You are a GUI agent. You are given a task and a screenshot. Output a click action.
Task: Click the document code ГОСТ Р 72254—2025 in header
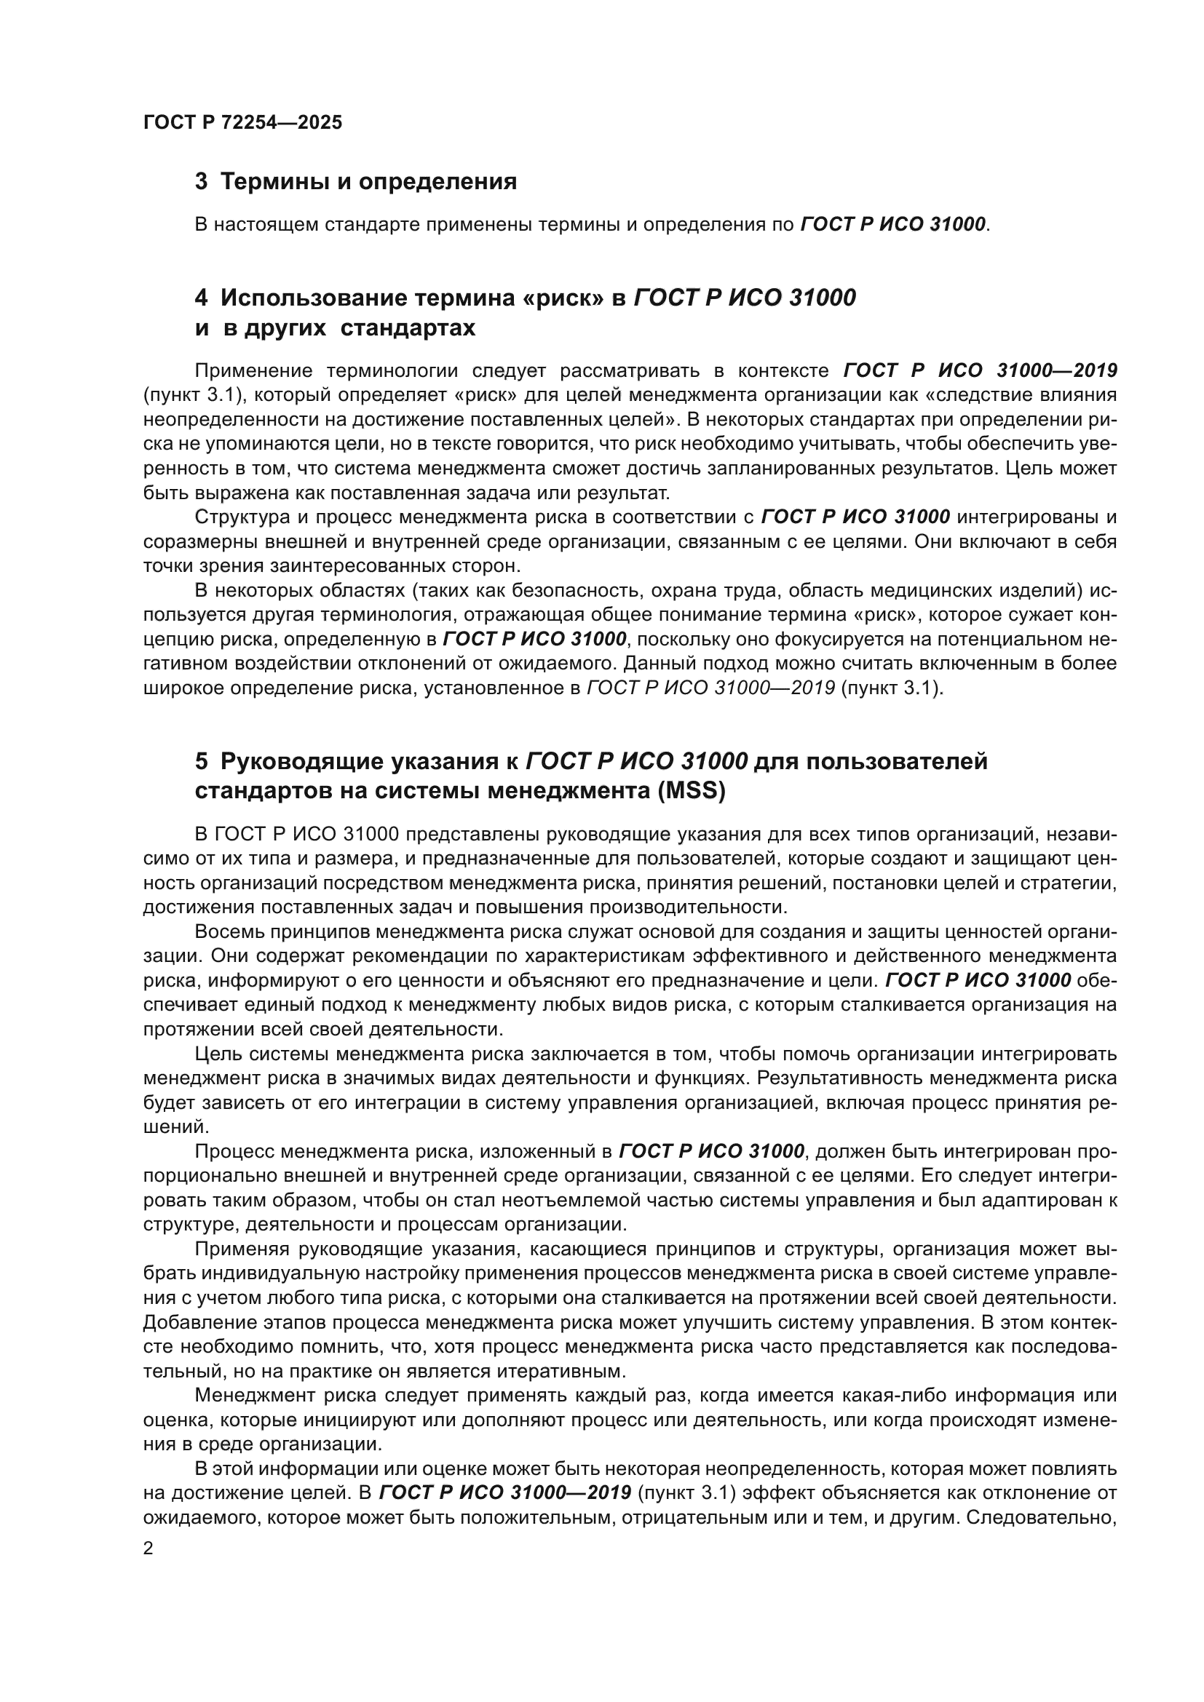(242, 123)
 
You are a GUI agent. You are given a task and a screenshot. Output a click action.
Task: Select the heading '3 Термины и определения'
(356, 182)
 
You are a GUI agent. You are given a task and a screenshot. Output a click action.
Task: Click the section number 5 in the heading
(202, 761)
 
